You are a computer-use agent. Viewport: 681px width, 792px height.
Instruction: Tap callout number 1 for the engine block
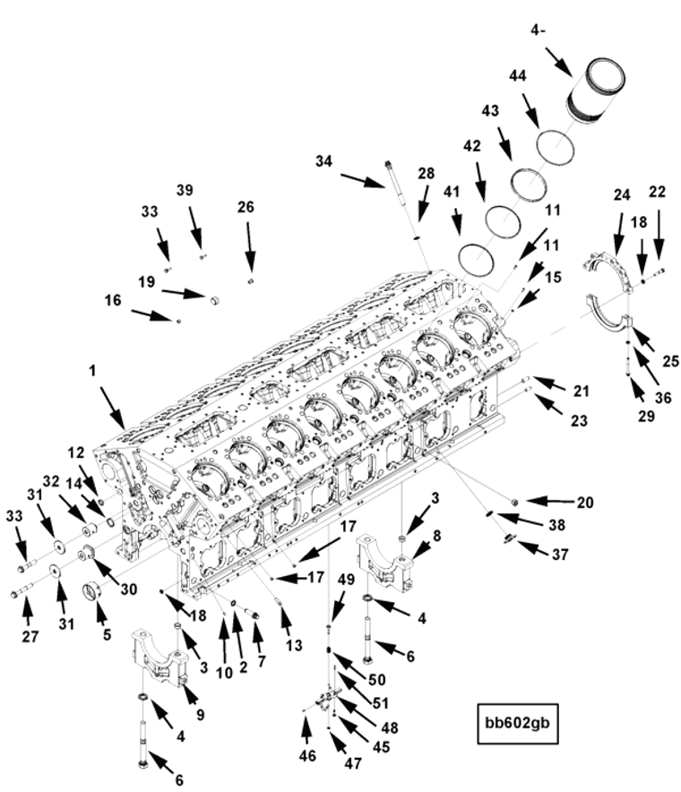(x=93, y=369)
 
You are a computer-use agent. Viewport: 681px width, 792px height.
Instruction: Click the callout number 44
(x=518, y=78)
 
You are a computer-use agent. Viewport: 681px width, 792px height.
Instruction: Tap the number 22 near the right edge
(x=657, y=192)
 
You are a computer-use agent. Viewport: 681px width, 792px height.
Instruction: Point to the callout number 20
(x=585, y=503)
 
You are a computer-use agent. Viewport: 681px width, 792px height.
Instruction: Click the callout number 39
(x=185, y=190)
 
